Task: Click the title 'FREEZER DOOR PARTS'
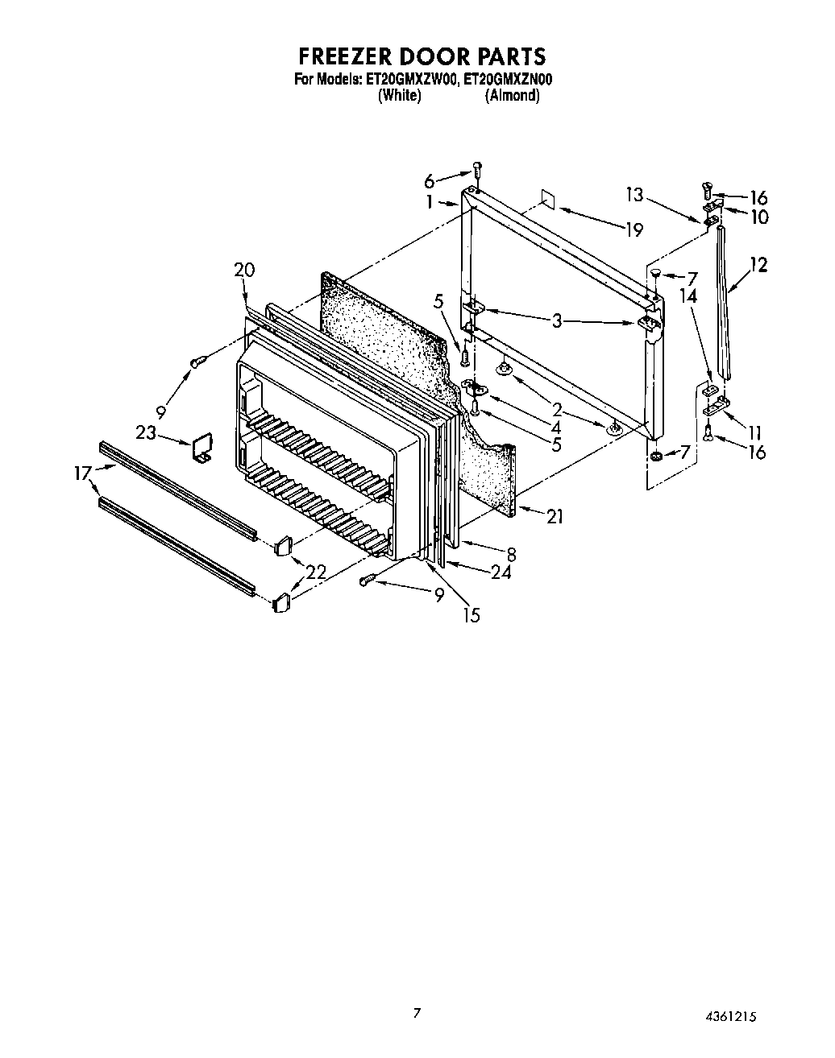click(422, 56)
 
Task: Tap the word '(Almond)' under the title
click(512, 95)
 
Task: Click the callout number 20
click(244, 270)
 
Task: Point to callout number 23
click(146, 432)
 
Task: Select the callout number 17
click(83, 474)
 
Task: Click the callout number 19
click(634, 230)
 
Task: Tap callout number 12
click(758, 264)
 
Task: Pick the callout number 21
click(555, 517)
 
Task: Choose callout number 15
click(472, 615)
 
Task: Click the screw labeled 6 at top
click(477, 171)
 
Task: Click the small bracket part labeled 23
click(200, 448)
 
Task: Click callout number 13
click(634, 194)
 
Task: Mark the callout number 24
click(500, 572)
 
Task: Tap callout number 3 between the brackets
click(556, 320)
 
